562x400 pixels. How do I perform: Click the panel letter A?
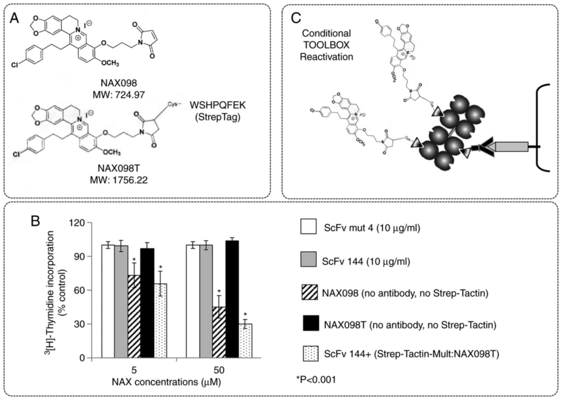click(x=14, y=19)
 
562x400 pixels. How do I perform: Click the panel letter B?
click(x=35, y=221)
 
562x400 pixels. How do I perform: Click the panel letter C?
click(x=296, y=18)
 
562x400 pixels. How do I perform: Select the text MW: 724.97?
click(x=119, y=95)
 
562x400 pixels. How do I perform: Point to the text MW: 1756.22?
click(x=119, y=180)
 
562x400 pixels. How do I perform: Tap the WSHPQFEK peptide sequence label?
click(x=217, y=105)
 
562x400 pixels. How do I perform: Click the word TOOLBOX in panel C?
click(x=326, y=45)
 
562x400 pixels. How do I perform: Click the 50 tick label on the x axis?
click(x=219, y=370)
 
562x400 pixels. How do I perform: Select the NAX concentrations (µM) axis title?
click(x=166, y=382)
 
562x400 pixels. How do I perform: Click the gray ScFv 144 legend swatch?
click(x=308, y=259)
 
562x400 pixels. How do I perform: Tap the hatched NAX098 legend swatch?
click(x=310, y=292)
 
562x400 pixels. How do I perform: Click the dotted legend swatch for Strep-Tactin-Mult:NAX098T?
click(x=310, y=354)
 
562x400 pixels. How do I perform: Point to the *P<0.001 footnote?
click(x=316, y=379)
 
